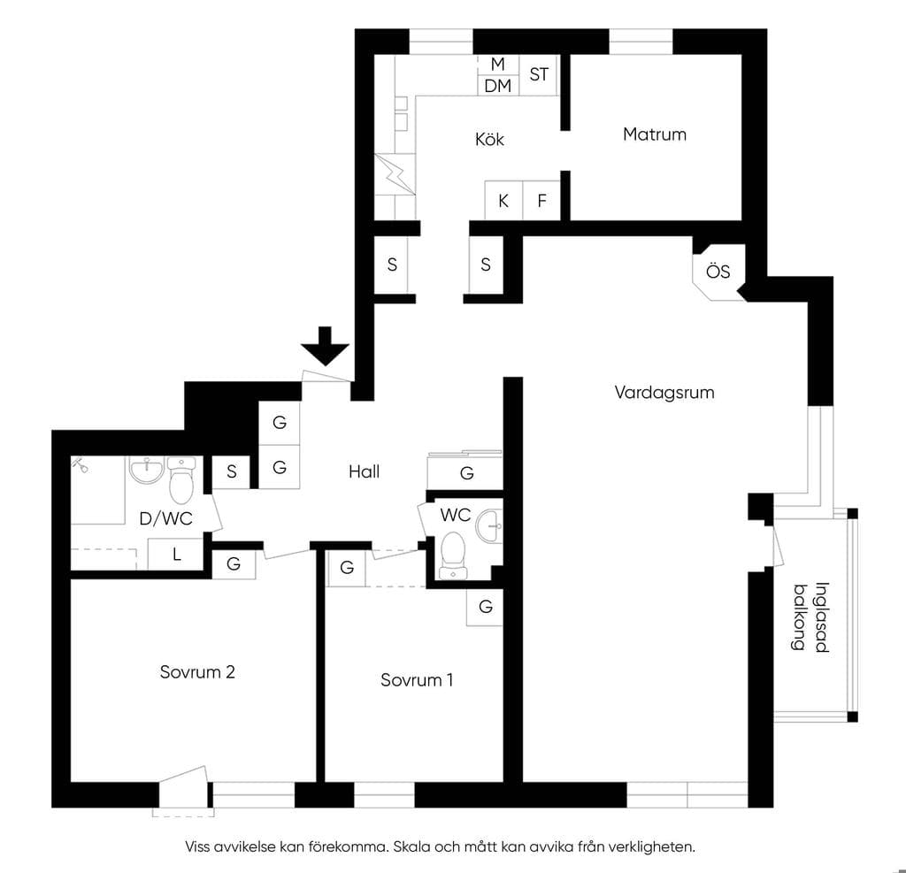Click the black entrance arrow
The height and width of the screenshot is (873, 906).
click(x=325, y=347)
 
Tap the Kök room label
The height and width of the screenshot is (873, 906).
click(x=489, y=139)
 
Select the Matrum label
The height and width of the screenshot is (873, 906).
click(x=655, y=134)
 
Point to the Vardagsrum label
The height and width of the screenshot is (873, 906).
click(x=664, y=393)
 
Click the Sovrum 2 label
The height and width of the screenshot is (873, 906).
click(x=197, y=672)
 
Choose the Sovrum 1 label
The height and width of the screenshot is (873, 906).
click(x=417, y=680)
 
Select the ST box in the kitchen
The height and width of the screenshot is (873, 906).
click(x=539, y=74)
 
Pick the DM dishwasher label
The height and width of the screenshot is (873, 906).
click(x=497, y=86)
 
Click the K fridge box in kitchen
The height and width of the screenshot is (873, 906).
click(x=503, y=201)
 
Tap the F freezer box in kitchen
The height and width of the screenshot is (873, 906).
click(x=541, y=201)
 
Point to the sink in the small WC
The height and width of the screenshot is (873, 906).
click(x=489, y=526)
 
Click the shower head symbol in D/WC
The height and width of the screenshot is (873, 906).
click(x=81, y=464)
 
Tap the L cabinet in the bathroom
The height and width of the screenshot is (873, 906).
click(x=176, y=554)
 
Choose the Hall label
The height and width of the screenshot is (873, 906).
click(x=364, y=472)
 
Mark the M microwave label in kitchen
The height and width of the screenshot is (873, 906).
click(x=497, y=64)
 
